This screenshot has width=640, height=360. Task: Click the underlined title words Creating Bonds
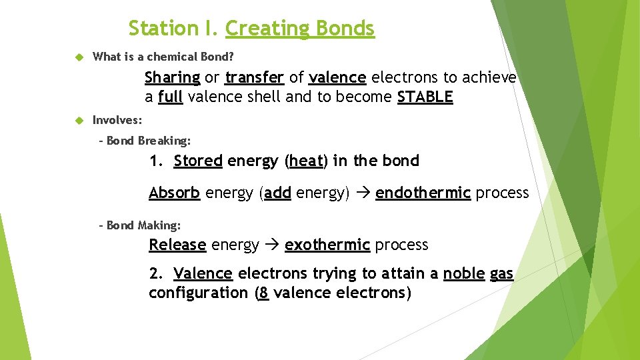click(x=300, y=29)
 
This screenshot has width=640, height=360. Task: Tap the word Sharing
click(x=172, y=78)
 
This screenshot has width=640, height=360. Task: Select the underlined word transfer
click(x=255, y=78)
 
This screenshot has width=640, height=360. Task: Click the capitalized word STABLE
click(x=425, y=97)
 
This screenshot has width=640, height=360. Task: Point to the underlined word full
click(x=171, y=97)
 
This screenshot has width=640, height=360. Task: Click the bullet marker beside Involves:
click(x=78, y=121)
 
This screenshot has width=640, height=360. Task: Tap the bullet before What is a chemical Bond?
click(x=78, y=57)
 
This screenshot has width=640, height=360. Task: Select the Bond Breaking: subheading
click(x=148, y=141)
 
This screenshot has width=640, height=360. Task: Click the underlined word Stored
click(x=198, y=161)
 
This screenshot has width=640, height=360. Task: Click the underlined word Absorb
click(x=174, y=193)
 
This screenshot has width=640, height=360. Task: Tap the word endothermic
click(x=423, y=193)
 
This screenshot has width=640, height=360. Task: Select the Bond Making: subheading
click(x=143, y=225)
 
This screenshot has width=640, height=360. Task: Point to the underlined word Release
click(x=177, y=245)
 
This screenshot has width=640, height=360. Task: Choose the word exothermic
click(x=327, y=245)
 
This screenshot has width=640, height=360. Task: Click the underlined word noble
click(x=463, y=274)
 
